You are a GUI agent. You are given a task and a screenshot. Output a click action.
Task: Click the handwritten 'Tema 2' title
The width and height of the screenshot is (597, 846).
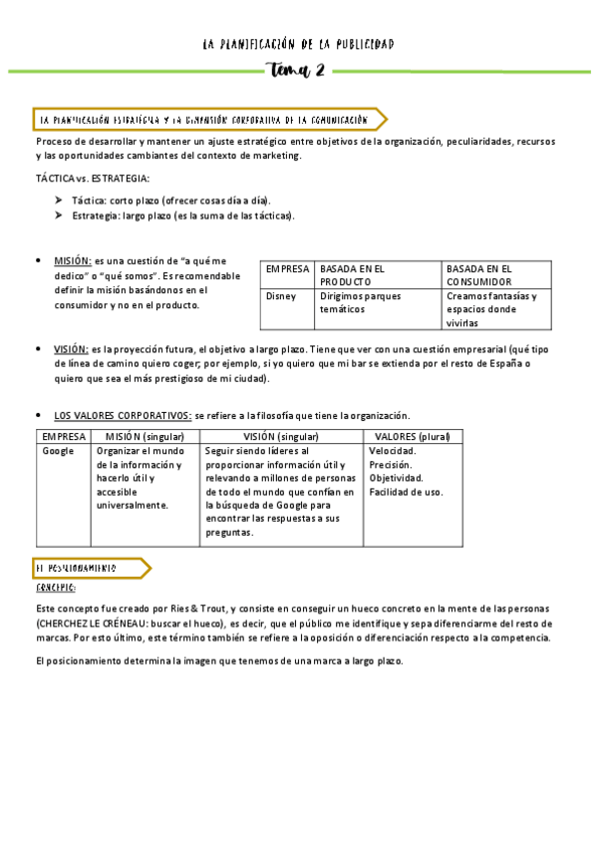296,70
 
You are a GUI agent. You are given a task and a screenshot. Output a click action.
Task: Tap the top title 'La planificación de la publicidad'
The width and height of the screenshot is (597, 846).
298,44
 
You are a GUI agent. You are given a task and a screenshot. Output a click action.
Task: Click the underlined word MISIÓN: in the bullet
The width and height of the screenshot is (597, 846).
73,260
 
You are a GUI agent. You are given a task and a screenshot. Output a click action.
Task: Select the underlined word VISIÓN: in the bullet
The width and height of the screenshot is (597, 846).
71,349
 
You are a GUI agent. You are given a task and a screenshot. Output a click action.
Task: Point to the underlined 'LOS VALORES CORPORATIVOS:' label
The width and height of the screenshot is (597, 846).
123,415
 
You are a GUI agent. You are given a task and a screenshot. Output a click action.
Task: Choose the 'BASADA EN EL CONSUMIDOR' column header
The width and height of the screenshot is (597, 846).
479,275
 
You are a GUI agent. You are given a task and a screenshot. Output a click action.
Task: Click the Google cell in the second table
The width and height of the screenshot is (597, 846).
59,451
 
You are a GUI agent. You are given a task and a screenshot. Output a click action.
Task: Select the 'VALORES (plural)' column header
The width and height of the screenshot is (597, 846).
412,437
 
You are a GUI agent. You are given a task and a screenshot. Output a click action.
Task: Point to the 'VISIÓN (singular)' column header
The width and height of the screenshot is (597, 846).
281,437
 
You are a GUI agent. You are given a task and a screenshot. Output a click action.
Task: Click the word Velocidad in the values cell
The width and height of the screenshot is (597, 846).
392,451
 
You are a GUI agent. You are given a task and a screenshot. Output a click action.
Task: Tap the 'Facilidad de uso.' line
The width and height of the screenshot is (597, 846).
406,492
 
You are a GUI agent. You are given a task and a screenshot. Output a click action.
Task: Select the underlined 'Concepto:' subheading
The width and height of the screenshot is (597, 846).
56,588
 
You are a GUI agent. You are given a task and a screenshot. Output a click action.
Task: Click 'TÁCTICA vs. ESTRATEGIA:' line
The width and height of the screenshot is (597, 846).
92,179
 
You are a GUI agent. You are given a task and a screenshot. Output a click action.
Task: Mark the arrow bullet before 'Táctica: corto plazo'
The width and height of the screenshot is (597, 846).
60,201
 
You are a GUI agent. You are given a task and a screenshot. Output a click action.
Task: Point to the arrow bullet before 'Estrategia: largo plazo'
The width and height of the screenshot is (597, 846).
60,214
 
